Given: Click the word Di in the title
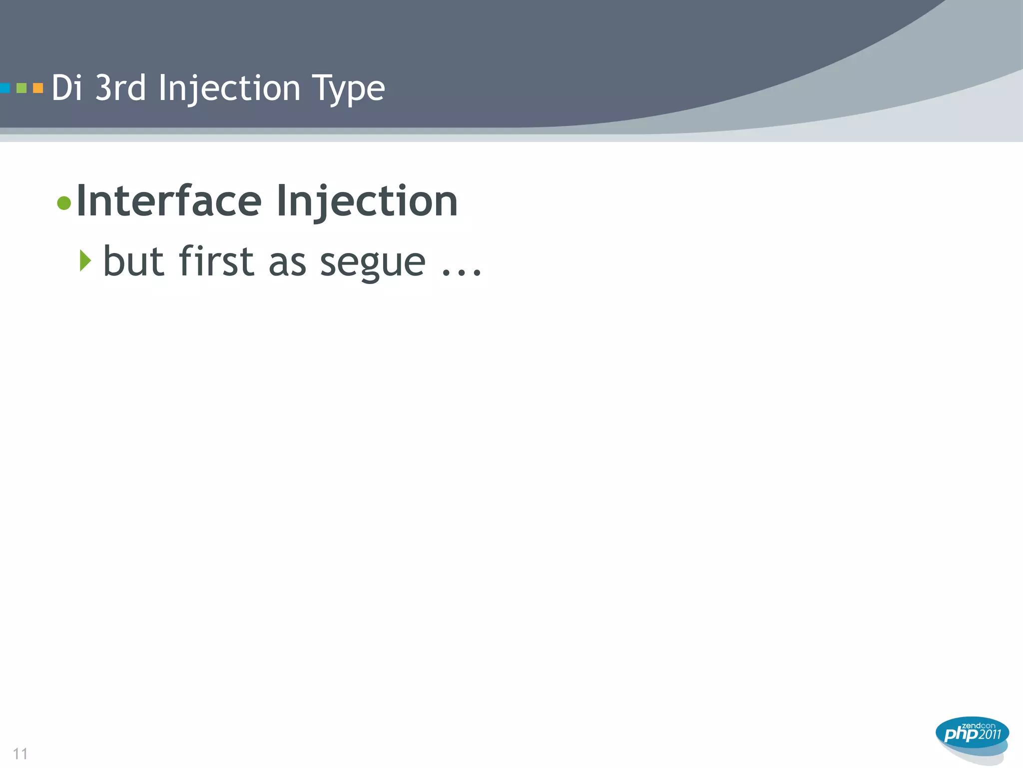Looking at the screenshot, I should (x=66, y=88).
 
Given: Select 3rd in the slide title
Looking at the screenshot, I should (x=120, y=88).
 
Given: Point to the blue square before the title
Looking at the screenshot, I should (x=4, y=88).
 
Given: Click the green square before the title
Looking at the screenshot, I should (x=21, y=88).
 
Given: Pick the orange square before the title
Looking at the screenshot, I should (x=38, y=88).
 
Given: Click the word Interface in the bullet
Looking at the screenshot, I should (x=169, y=201).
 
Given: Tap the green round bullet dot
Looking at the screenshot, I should (x=64, y=203).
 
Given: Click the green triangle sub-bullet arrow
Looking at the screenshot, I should (x=85, y=261).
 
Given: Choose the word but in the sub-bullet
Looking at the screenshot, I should (x=133, y=261).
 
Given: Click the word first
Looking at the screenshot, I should (x=216, y=261).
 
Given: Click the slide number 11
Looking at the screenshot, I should (x=20, y=753).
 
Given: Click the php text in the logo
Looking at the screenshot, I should (x=961, y=734).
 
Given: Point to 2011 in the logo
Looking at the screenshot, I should (x=990, y=734).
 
